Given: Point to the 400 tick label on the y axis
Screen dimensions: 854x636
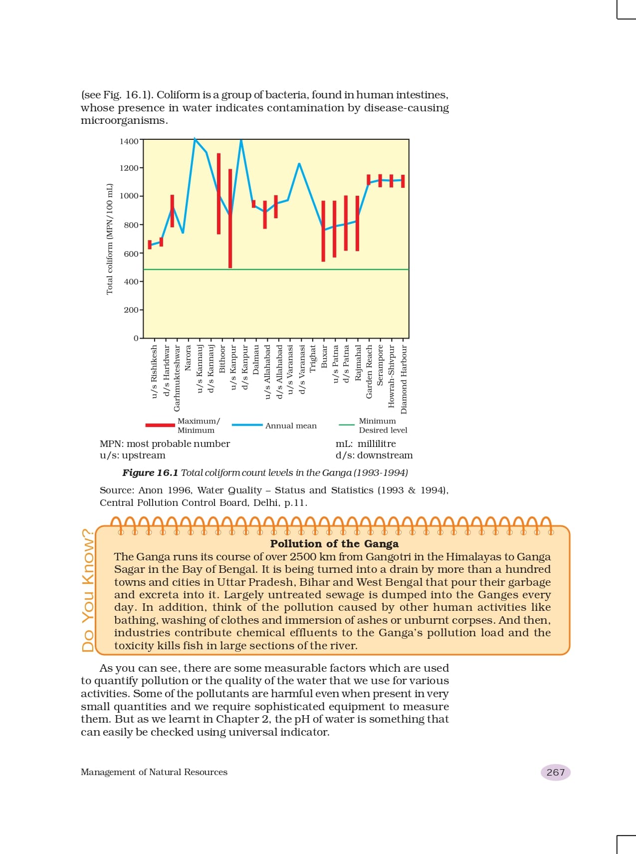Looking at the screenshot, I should coord(131,282).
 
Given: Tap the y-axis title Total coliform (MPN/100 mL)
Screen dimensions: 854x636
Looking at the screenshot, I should coord(110,239).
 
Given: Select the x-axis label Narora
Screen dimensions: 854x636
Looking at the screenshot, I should coord(188,358).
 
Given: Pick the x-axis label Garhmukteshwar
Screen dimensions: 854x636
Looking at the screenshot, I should coord(177,378).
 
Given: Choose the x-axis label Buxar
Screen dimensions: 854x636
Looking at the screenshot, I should coord(324,357).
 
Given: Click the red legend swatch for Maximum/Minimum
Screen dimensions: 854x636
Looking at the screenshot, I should coord(160,426).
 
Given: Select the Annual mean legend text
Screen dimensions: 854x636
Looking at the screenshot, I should coord(291,426).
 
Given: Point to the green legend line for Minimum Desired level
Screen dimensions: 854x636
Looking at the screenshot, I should coord(347,426).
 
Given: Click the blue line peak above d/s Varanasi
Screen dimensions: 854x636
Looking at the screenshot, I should coord(299,164).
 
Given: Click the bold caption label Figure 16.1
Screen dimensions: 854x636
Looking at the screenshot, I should coord(150,472).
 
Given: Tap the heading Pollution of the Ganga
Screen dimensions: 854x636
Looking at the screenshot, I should coord(334,544).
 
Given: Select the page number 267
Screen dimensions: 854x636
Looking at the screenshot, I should coord(555,772).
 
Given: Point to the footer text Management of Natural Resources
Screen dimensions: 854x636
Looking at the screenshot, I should coord(154,772).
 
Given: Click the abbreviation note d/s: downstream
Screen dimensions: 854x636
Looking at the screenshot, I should coord(374,455).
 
